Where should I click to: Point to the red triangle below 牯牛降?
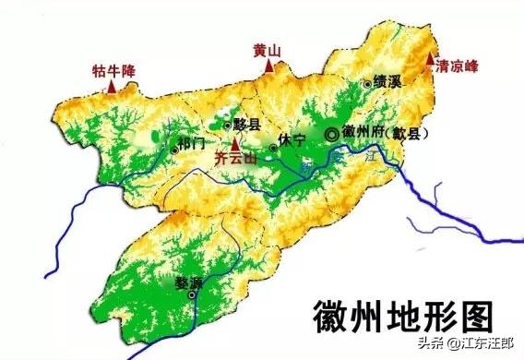[x=113, y=86]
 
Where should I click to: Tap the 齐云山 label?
[x=234, y=158]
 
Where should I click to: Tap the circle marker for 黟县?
[x=228, y=123]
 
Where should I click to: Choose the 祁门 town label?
[x=193, y=145]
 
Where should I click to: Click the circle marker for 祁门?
[x=174, y=148]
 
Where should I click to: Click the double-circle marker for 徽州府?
[x=331, y=136]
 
